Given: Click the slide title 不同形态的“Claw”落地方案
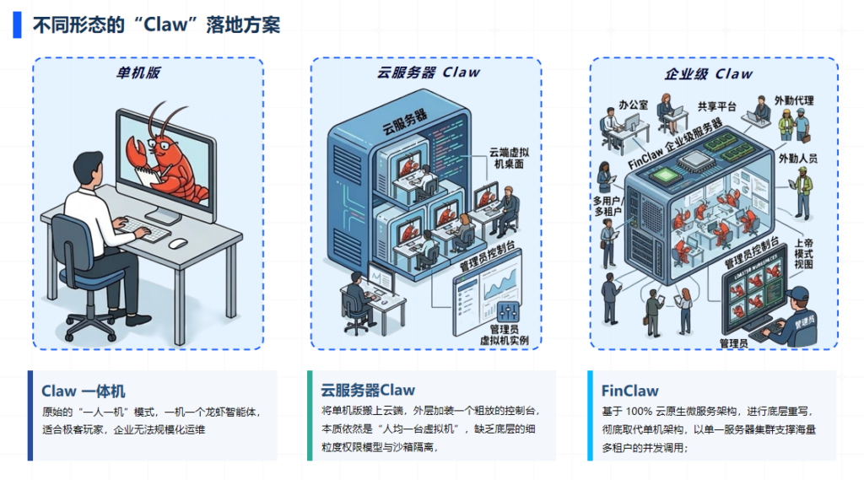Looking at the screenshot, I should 156,24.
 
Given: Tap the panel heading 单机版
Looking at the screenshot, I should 138,73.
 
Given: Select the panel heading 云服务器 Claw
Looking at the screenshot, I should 429,73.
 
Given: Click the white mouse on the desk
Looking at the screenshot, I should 177,243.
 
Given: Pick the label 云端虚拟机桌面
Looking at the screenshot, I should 508,158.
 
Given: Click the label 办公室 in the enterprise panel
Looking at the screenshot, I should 633,105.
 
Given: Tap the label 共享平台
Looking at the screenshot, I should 716,106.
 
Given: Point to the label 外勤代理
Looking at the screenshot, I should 796,101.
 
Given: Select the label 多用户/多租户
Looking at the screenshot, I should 607,205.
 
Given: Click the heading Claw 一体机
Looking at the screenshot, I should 83,391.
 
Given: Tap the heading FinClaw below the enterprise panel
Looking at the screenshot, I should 629,391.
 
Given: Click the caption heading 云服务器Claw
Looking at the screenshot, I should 368,391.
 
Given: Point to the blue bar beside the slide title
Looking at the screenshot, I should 17,24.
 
